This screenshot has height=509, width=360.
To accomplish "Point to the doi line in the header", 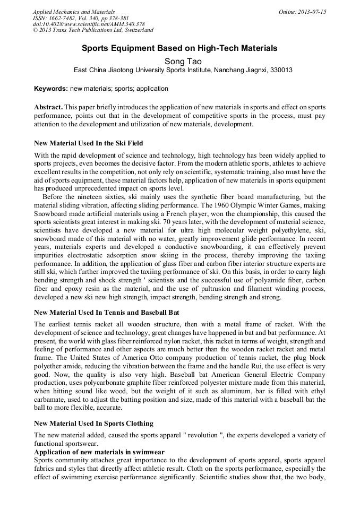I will tap(89, 24).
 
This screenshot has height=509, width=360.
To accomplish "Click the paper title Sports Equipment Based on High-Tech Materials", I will tap(179, 48).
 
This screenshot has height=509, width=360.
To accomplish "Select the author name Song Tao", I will tap(179, 61).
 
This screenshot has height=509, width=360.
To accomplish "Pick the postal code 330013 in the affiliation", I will tap(281, 70).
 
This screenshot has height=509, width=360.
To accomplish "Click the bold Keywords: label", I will tap(50, 89).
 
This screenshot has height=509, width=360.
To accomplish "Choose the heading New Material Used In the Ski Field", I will tap(88, 143).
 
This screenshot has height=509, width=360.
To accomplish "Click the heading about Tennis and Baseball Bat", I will tap(106, 313).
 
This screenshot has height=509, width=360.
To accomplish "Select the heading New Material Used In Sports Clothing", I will tap(93, 423).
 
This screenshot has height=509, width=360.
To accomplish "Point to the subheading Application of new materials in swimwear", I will tap(99, 452).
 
